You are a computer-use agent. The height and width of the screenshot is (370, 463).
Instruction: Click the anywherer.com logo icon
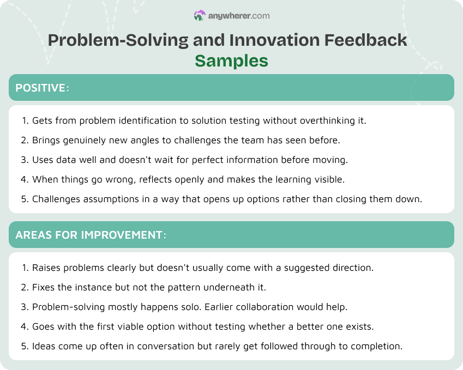pyautogui.click(x=200, y=16)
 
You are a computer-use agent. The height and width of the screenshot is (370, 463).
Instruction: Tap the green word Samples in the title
pyautogui.click(x=231, y=60)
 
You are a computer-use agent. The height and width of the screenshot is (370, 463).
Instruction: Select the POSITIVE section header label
pyautogui.click(x=40, y=88)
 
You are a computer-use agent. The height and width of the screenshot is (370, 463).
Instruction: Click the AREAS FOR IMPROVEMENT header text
pyautogui.click(x=89, y=235)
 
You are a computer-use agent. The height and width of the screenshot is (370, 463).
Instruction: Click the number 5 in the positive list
pyautogui.click(x=24, y=199)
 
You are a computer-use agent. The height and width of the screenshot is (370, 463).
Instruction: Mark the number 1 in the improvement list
pyautogui.click(x=24, y=268)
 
